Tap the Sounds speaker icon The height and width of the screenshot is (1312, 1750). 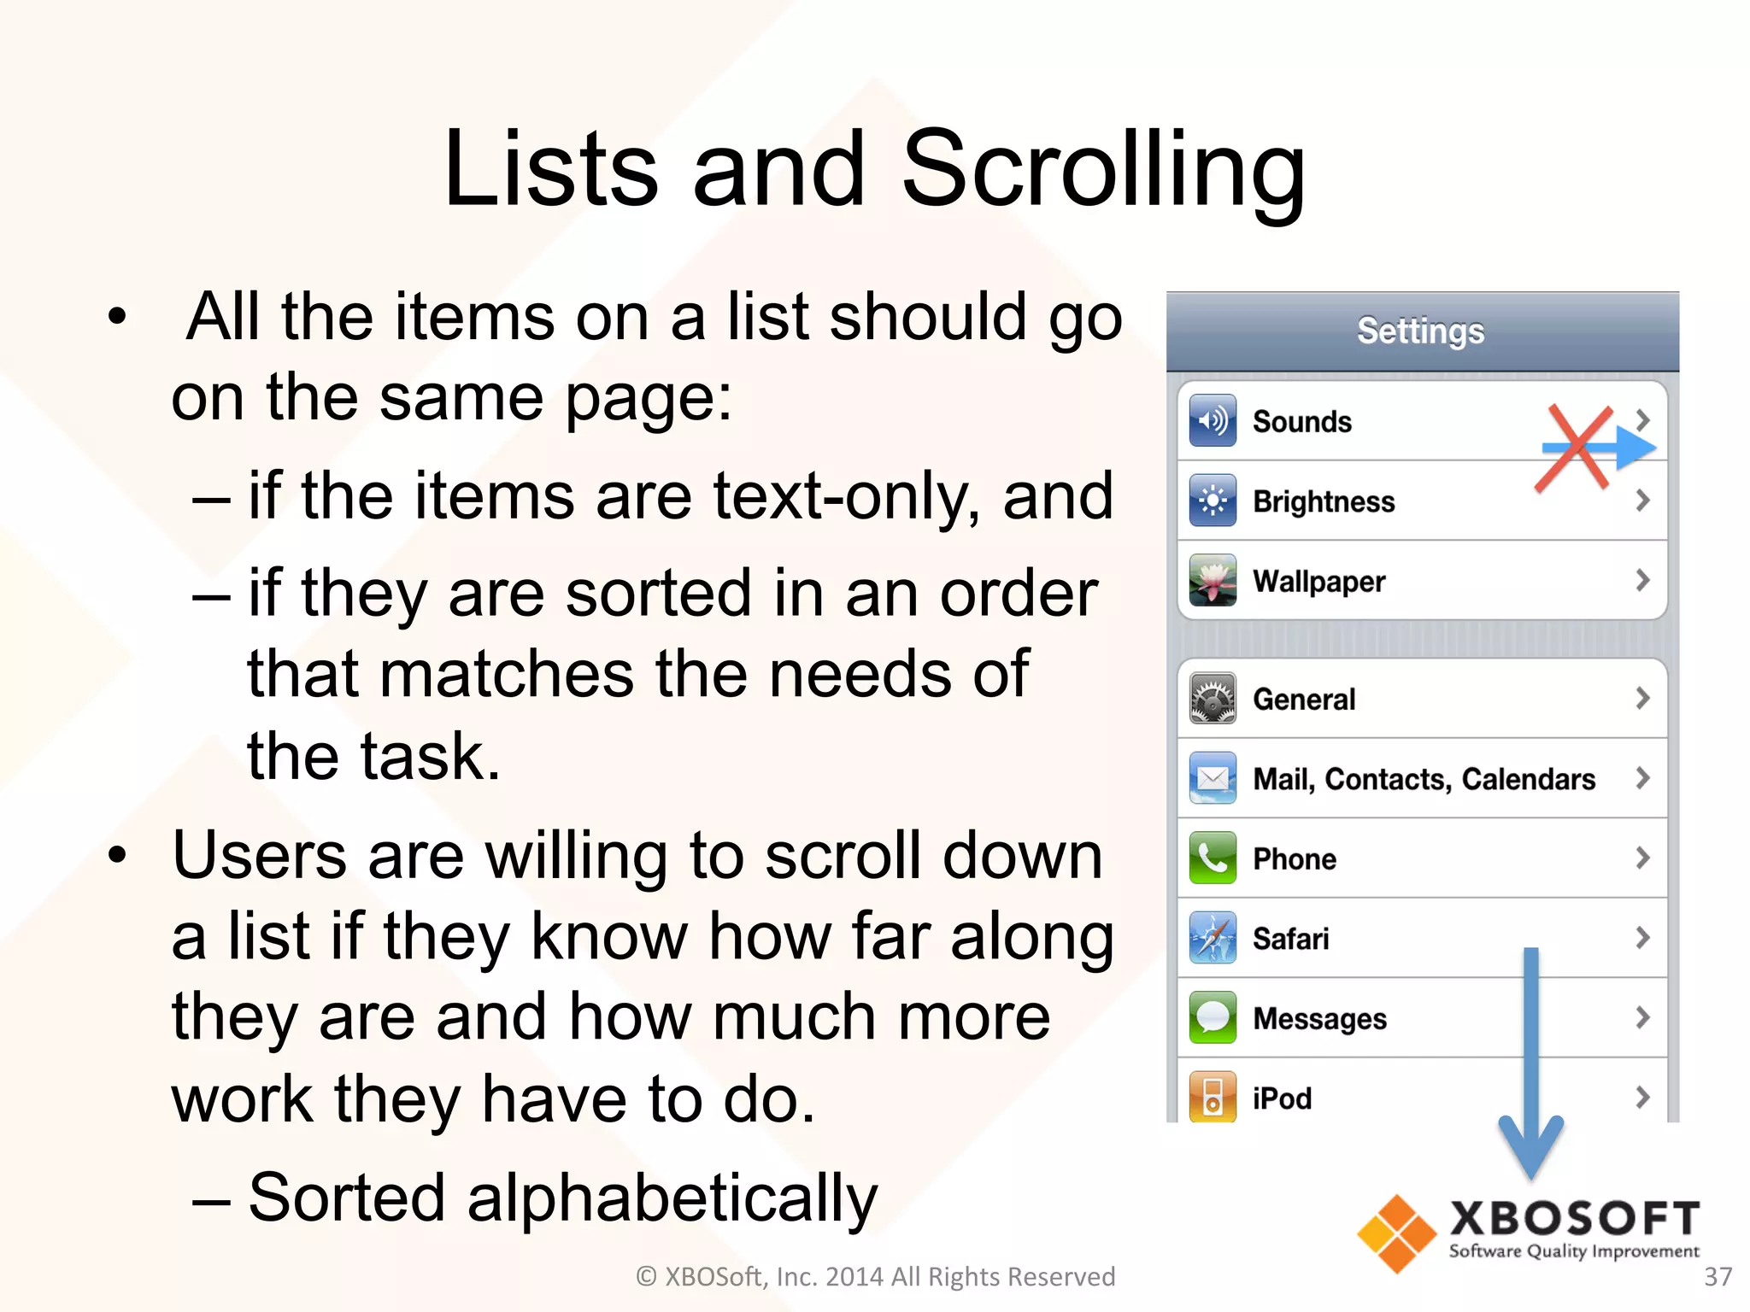click(1212, 420)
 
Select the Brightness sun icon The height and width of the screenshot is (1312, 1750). click(1212, 501)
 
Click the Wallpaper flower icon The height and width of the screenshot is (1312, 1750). click(1212, 580)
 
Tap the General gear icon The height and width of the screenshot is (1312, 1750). click(1212, 699)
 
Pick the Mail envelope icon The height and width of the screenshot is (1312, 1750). click(1212, 778)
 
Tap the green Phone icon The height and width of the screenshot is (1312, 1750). click(1212, 858)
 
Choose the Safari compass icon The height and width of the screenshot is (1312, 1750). click(1212, 938)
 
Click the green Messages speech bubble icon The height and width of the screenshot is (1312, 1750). click(1212, 1017)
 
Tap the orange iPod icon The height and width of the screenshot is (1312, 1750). click(1212, 1097)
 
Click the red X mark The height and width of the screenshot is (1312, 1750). click(1574, 448)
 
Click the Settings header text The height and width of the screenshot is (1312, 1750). click(1420, 331)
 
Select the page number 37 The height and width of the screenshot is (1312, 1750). click(1718, 1276)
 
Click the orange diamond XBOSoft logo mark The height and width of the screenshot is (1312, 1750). click(1396, 1233)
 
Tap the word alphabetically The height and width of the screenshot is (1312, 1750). click(672, 1198)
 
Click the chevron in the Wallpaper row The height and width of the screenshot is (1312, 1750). click(1641, 581)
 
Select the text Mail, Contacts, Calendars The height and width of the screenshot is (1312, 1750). click(1424, 779)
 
